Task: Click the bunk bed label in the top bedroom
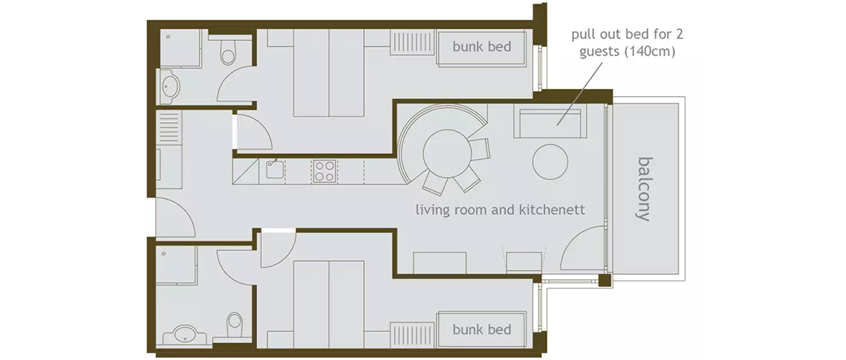pyautogui.click(x=482, y=47)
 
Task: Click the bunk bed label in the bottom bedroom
pyautogui.click(x=482, y=329)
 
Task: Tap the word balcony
pyautogui.click(x=643, y=189)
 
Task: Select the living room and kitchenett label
pyautogui.click(x=500, y=210)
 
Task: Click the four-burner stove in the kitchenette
pyautogui.click(x=324, y=171)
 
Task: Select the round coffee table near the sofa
pyautogui.click(x=550, y=161)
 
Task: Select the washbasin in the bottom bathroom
pyautogui.click(x=184, y=334)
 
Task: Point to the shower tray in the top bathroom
pyautogui.click(x=179, y=49)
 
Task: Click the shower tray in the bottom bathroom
pyautogui.click(x=176, y=265)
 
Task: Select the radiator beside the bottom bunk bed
pyautogui.click(x=412, y=335)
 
